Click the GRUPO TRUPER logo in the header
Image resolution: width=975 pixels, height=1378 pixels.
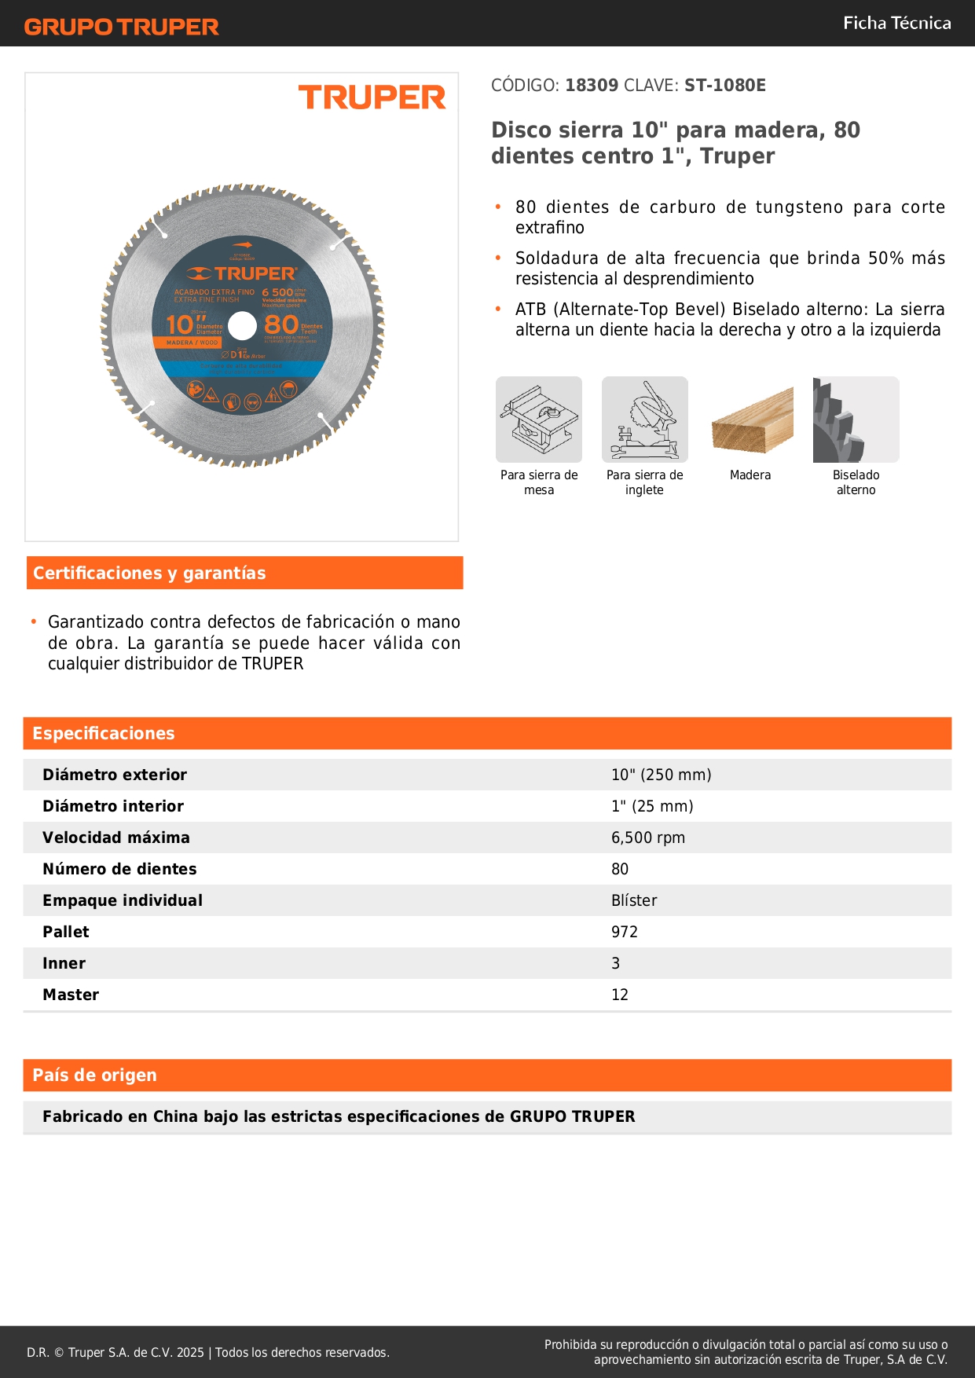pyautogui.click(x=121, y=27)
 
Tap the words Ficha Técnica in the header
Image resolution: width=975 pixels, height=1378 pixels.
pyautogui.click(x=896, y=23)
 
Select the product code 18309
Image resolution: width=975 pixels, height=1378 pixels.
pyautogui.click(x=592, y=86)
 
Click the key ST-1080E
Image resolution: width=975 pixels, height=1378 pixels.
pyautogui.click(x=724, y=86)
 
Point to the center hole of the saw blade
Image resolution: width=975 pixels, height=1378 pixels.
pyautogui.click(x=242, y=326)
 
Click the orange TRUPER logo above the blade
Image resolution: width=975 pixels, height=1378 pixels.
pyautogui.click(x=372, y=97)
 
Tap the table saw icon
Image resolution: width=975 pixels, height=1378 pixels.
pyautogui.click(x=539, y=420)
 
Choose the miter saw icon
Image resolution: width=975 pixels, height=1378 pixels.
pyautogui.click(x=644, y=420)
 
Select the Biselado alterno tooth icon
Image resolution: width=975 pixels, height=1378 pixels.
pyautogui.click(x=856, y=420)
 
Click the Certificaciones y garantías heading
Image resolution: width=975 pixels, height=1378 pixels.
pyautogui.click(x=149, y=574)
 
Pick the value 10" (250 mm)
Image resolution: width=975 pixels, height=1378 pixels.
pyautogui.click(x=661, y=775)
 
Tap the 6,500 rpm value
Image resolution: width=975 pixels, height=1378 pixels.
pyautogui.click(x=647, y=837)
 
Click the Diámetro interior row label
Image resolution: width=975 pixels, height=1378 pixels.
pyautogui.click(x=113, y=806)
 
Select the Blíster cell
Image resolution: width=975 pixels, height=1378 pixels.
pyautogui.click(x=633, y=900)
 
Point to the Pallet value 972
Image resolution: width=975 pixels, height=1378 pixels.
pyautogui.click(x=624, y=932)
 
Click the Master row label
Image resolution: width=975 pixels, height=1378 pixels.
pyautogui.click(x=71, y=995)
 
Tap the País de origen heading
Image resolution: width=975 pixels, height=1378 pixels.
pyautogui.click(x=94, y=1076)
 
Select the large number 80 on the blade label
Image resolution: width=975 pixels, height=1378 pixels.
pyautogui.click(x=281, y=324)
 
